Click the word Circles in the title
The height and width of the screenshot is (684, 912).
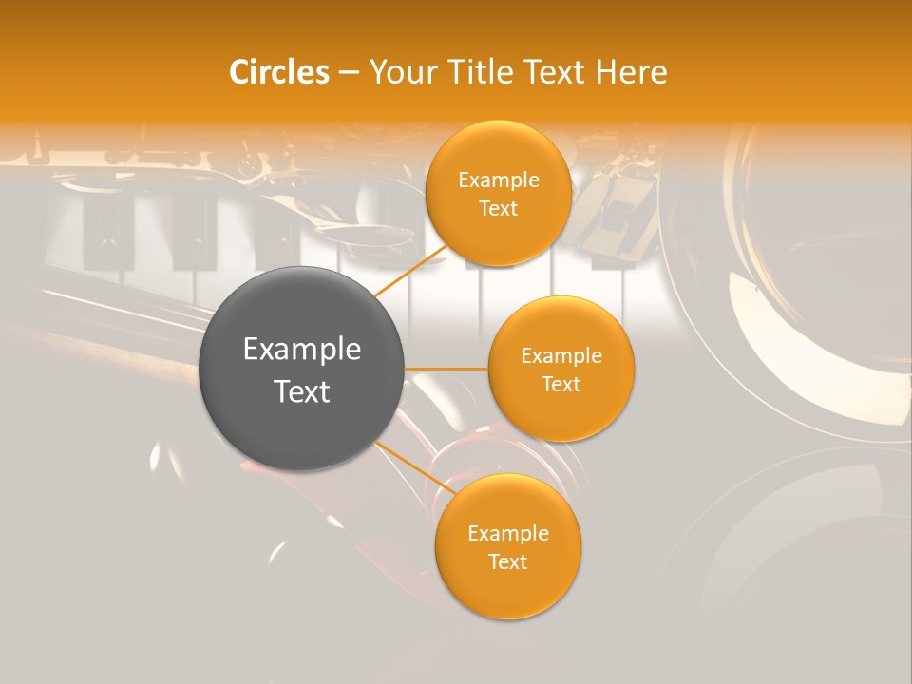tap(279, 72)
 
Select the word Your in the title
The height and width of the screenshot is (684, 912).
tap(403, 72)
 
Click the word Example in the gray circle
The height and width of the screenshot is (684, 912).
tap(302, 350)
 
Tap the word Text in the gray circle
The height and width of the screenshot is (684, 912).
tap(302, 391)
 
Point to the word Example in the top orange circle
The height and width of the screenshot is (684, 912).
tap(499, 180)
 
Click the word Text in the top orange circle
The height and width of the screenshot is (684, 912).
tap(499, 209)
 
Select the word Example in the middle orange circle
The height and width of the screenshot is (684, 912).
tap(561, 356)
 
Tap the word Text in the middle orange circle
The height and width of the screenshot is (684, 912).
tap(561, 385)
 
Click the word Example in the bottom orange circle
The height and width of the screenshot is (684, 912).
tap(508, 534)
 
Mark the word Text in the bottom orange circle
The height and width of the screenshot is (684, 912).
tap(508, 562)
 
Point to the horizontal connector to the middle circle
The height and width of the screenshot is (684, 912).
tap(446, 369)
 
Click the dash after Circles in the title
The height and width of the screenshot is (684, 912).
tap(349, 73)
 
